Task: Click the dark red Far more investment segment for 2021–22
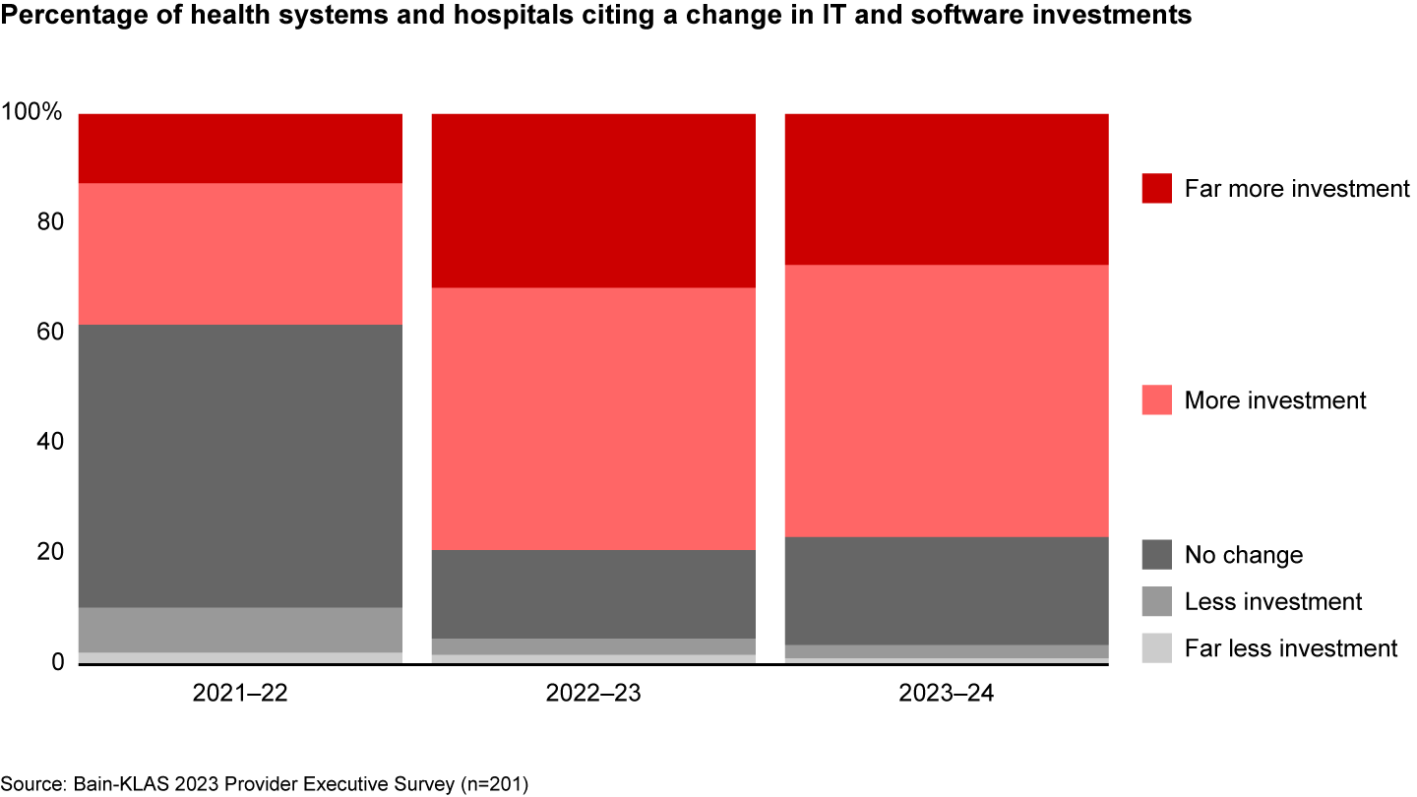tap(240, 149)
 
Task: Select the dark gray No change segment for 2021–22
tap(240, 465)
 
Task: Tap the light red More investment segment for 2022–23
tap(593, 418)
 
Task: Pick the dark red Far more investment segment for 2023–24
tap(946, 189)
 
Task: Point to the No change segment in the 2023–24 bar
tap(946, 590)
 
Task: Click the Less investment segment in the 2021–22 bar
tap(240, 630)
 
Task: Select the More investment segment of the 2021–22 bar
tap(240, 254)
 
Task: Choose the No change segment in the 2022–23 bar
tap(593, 594)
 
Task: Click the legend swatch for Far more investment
tap(1157, 189)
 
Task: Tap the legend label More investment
tap(1275, 400)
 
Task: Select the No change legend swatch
tap(1157, 555)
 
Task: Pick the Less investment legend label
tap(1273, 601)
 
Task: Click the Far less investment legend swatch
tap(1157, 648)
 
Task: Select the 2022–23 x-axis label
tap(593, 694)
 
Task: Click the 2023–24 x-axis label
tap(946, 694)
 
